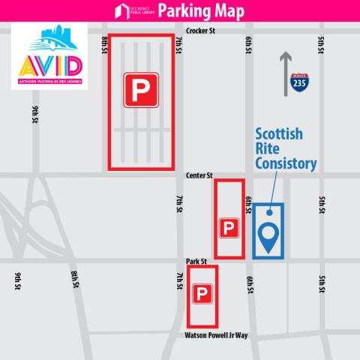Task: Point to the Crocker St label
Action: click(200, 32)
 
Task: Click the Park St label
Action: click(196, 261)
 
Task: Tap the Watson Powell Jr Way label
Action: click(216, 336)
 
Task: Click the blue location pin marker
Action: click(268, 239)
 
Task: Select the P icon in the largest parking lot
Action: click(142, 90)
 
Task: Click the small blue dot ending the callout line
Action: click(268, 213)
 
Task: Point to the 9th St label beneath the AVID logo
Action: click(35, 115)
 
